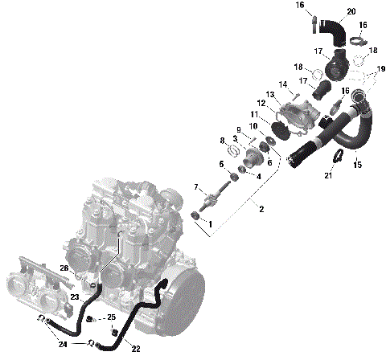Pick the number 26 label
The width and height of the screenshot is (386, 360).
[x=64, y=268]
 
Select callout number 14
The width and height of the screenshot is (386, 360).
[x=283, y=84]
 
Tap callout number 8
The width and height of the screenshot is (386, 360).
[x=222, y=141]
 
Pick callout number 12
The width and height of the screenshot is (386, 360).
[x=261, y=104]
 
